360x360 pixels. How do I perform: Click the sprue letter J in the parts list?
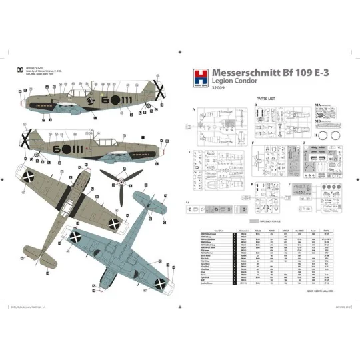point(303,142)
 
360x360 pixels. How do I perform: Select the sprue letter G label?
point(189,201)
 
